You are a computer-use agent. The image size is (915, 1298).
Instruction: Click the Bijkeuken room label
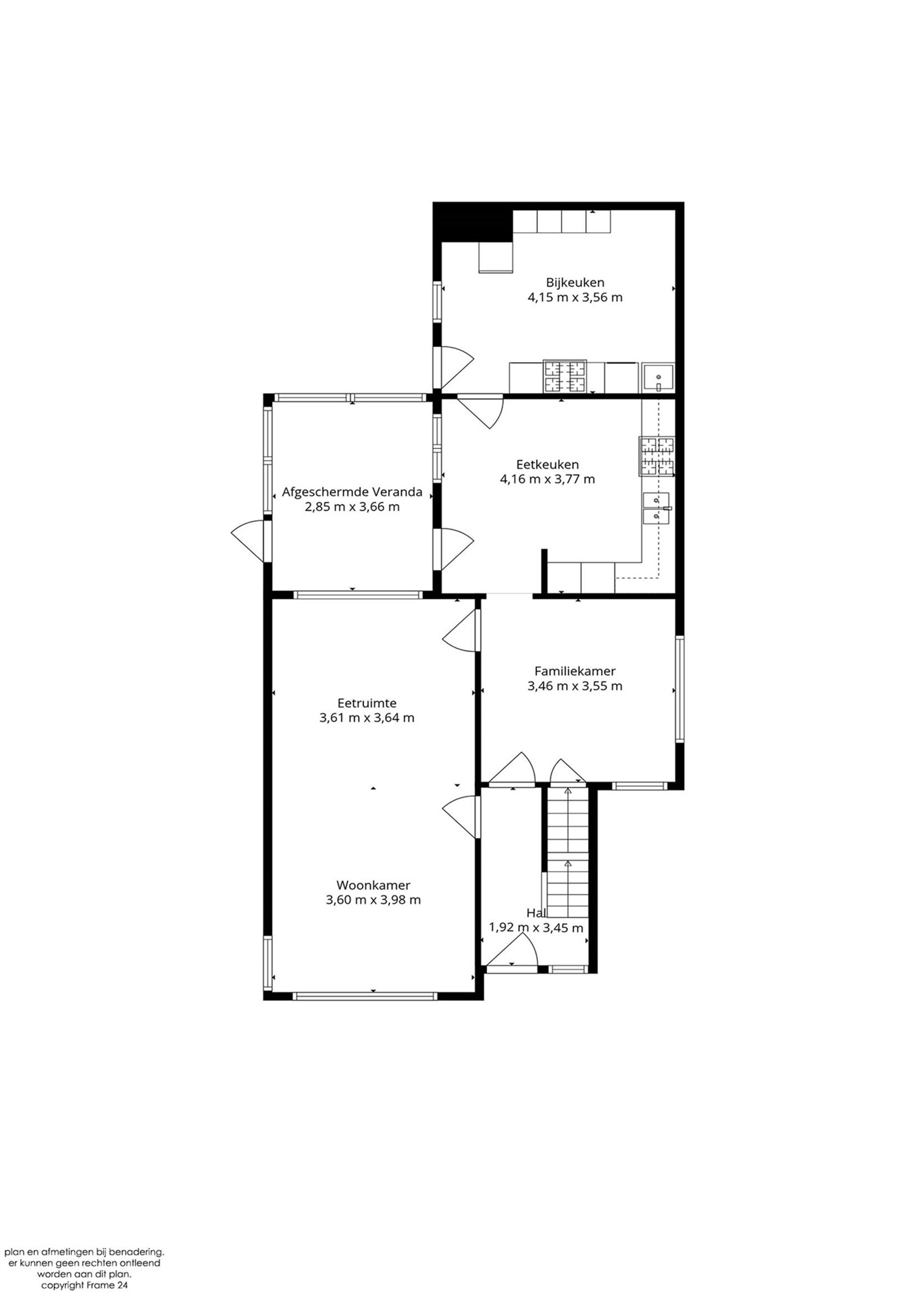(x=575, y=282)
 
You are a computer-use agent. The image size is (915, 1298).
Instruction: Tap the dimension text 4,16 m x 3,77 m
(x=547, y=479)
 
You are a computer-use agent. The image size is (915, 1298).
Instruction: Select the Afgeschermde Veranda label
(x=352, y=492)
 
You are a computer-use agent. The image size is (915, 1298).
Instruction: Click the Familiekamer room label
(x=575, y=671)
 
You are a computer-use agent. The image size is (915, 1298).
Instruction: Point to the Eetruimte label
(x=366, y=703)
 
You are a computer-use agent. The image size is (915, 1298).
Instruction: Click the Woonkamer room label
(x=373, y=885)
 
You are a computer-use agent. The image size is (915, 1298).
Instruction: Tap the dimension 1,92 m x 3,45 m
(x=536, y=928)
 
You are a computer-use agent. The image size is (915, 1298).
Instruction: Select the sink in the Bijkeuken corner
(x=658, y=378)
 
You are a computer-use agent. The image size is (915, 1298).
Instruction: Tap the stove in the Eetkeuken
(x=657, y=456)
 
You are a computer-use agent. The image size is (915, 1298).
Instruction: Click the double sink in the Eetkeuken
(x=656, y=508)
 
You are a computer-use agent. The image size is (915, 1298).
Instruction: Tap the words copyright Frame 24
(x=84, y=1285)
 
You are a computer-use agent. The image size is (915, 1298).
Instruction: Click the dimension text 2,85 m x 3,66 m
(x=352, y=507)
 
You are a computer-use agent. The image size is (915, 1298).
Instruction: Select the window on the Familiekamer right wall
(x=680, y=689)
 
